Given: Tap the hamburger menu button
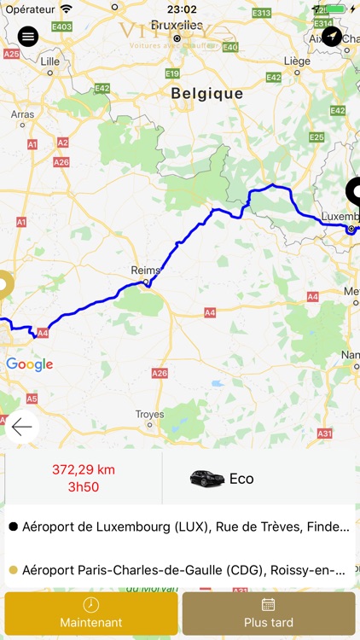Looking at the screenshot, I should pyautogui.click(x=28, y=37).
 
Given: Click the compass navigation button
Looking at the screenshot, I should pyautogui.click(x=331, y=37).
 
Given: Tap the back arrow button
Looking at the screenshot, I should pyautogui.click(x=22, y=428).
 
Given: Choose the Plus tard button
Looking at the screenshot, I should pyautogui.click(x=268, y=613).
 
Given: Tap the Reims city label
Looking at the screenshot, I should pyautogui.click(x=145, y=271).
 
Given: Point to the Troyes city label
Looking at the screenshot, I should pyautogui.click(x=149, y=415).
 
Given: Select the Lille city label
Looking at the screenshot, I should pyautogui.click(x=50, y=61).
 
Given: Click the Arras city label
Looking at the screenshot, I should pyautogui.click(x=22, y=113).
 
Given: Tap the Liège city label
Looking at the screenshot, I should pyautogui.click(x=296, y=61).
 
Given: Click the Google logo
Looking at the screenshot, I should pyautogui.click(x=29, y=365).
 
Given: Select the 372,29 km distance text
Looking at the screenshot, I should pyautogui.click(x=83, y=469).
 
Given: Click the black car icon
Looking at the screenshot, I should pyautogui.click(x=206, y=479).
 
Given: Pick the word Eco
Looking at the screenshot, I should pyautogui.click(x=241, y=479).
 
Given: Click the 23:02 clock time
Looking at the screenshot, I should pyautogui.click(x=181, y=9).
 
